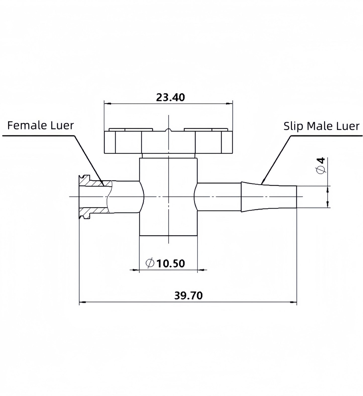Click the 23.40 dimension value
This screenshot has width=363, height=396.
pyautogui.click(x=170, y=97)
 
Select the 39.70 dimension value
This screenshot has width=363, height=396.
pyautogui.click(x=188, y=296)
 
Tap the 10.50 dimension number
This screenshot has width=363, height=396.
pyautogui.click(x=171, y=263)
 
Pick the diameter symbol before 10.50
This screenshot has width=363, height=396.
pyautogui.click(x=150, y=263)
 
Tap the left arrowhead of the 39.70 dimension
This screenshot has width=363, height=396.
pyautogui.click(x=83, y=302)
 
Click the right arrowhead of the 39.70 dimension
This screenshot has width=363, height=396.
pyautogui.click(x=293, y=302)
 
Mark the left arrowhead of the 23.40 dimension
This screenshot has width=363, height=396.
pyautogui.click(x=107, y=103)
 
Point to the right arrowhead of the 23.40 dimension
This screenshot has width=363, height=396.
pyautogui.click(x=229, y=103)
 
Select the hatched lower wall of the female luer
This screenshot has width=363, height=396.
pyautogui.click(x=95, y=211)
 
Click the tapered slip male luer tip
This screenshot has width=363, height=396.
pyautogui.click(x=269, y=197)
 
